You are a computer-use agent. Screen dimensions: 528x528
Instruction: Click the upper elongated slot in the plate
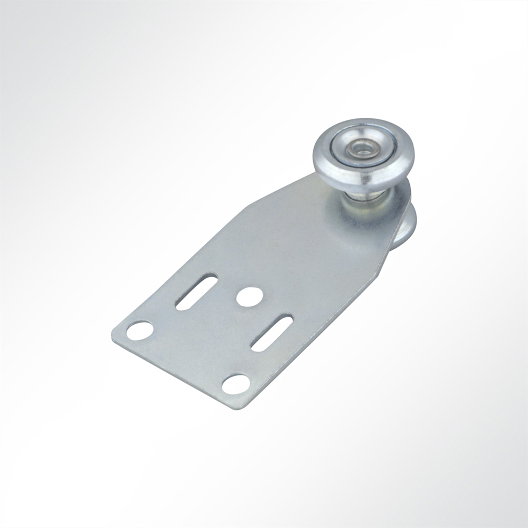[196, 291]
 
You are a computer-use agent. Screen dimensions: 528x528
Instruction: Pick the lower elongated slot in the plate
[272, 333]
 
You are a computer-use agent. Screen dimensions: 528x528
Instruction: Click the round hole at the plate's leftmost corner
[140, 331]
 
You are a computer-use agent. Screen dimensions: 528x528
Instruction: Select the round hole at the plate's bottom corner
[235, 384]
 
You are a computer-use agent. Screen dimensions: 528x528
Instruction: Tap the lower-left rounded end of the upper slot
[180, 305]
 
